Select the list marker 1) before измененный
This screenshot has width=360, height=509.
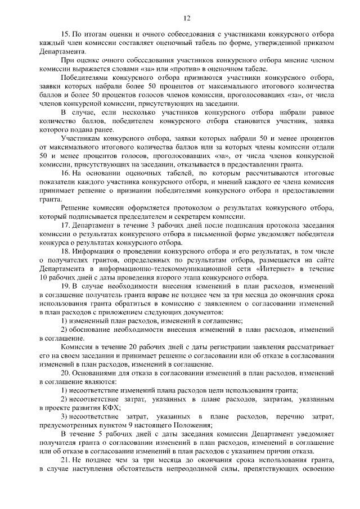coord(64,321)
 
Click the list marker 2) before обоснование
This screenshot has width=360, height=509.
coord(64,329)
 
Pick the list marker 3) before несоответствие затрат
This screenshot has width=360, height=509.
coord(64,416)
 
